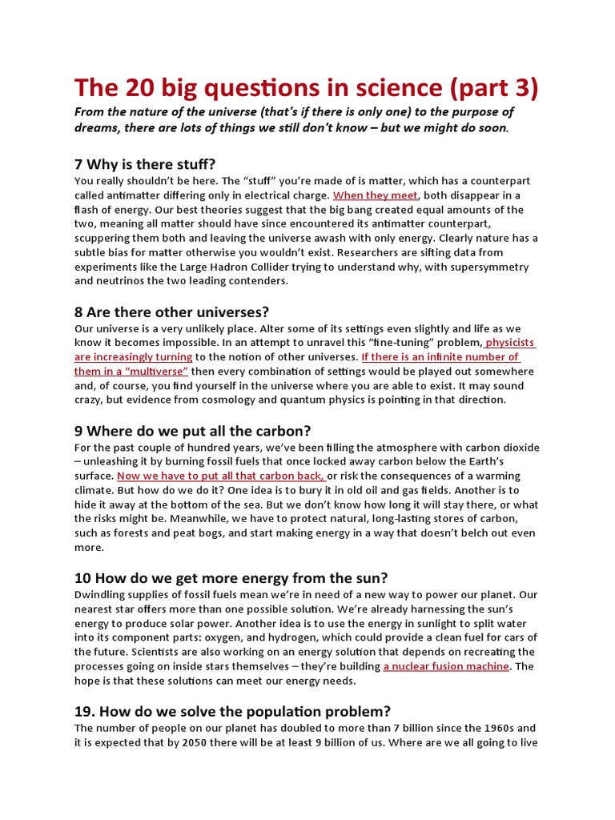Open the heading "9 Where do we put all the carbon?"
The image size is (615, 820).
click(x=192, y=431)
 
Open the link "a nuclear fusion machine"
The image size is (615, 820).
click(x=446, y=666)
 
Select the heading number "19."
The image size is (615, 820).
click(x=86, y=711)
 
